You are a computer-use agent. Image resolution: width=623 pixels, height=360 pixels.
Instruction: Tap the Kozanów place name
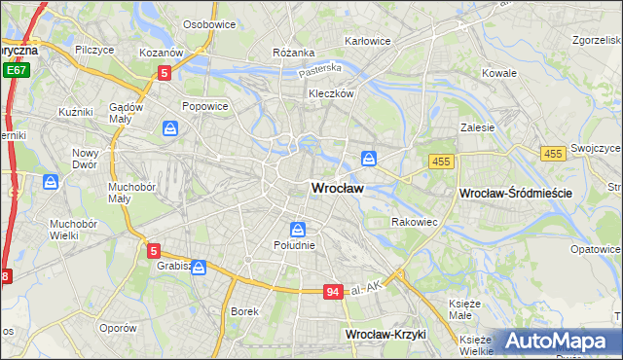[x=161, y=52]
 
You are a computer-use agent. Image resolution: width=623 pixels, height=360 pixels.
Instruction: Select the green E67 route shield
[x=15, y=71]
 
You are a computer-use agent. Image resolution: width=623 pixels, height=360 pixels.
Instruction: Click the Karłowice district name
[x=368, y=41]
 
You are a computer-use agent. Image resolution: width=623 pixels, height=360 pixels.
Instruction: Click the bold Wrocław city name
[x=338, y=188]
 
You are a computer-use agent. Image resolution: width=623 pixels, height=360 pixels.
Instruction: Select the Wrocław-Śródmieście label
[x=515, y=194]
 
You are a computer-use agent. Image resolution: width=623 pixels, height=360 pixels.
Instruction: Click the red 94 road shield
[x=333, y=292]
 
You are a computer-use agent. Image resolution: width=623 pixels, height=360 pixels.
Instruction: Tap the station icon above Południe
[x=298, y=230]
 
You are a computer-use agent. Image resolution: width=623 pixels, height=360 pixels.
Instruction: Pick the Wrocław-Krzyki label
[x=386, y=334]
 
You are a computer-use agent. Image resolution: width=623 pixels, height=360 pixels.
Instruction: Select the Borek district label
[x=243, y=311]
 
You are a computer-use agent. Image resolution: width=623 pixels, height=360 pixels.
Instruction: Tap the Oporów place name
[x=118, y=328]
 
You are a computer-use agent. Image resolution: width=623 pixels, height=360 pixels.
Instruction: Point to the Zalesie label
[x=478, y=126]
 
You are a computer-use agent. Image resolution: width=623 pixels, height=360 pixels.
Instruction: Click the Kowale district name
[x=499, y=73]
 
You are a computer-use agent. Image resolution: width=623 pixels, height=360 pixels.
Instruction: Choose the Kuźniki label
[x=75, y=112]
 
